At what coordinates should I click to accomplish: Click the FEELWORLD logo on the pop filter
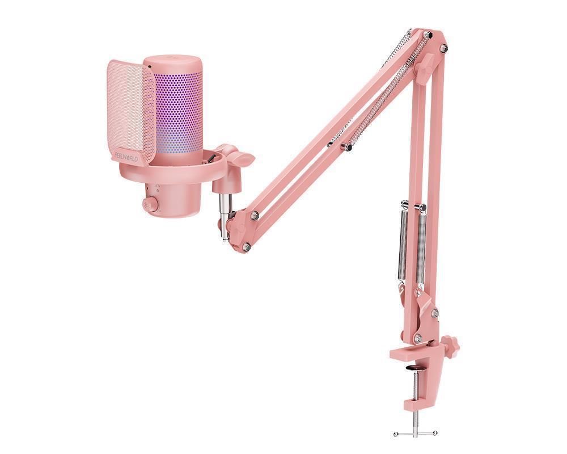(x=126, y=156)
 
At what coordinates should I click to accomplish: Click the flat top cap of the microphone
(x=172, y=61)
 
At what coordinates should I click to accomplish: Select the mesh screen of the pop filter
(x=130, y=108)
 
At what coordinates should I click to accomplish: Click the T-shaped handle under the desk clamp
(x=416, y=433)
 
